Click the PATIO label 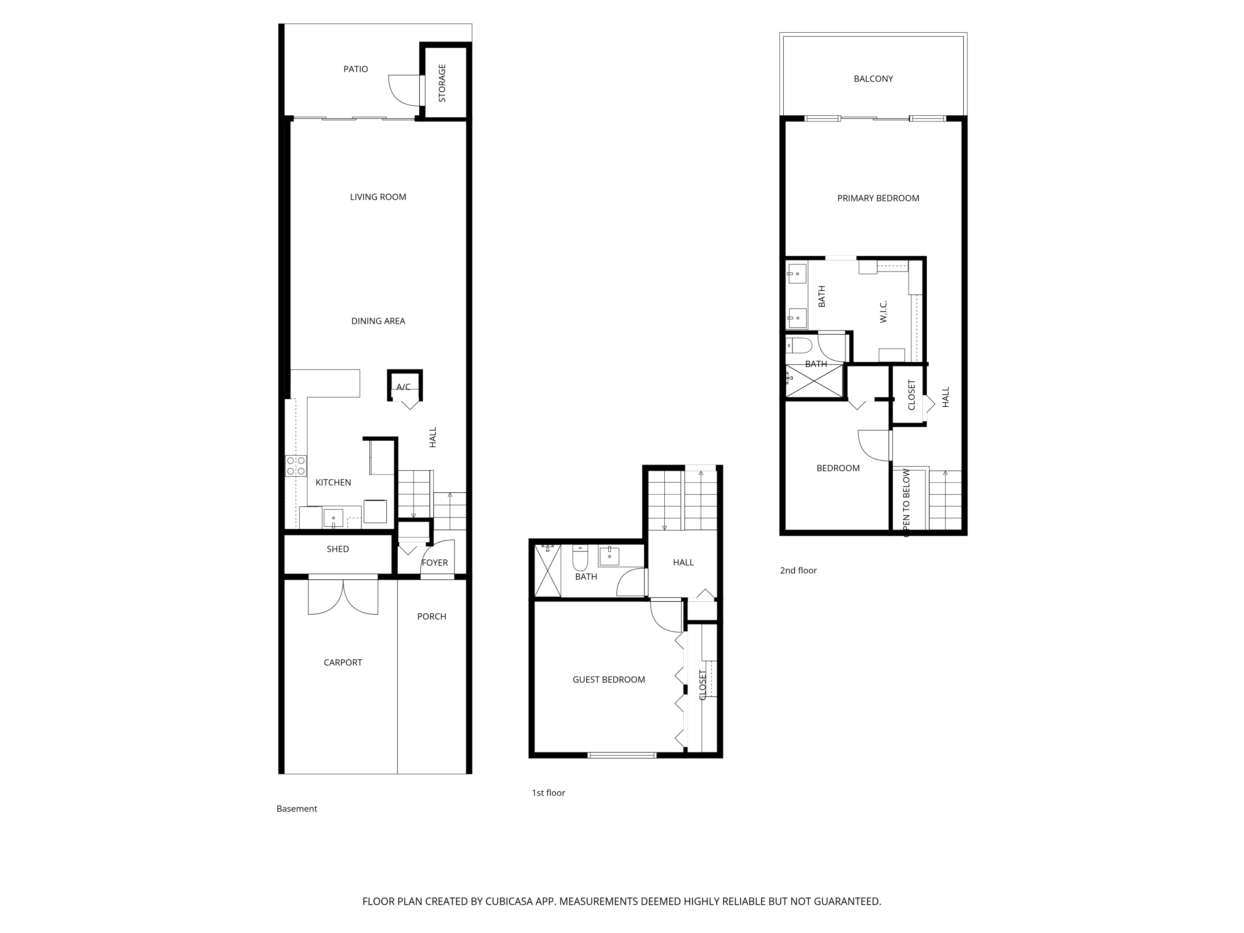click(355, 69)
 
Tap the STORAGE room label click(442, 83)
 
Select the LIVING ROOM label click(378, 197)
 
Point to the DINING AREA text click(378, 321)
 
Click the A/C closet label click(403, 387)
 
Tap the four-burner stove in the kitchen click(296, 466)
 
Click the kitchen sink click(333, 518)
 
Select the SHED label click(338, 549)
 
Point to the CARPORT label click(343, 663)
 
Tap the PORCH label click(431, 616)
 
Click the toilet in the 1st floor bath click(580, 557)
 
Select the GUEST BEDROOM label click(608, 679)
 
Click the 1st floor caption click(548, 792)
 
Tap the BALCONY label click(873, 79)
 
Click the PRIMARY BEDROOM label click(878, 198)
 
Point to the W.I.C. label click(883, 311)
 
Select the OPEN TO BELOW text click(906, 503)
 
